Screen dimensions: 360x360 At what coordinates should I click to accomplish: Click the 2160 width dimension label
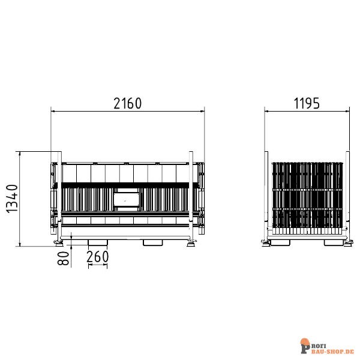coord(127,103)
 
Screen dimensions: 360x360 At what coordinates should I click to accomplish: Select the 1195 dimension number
coord(307,103)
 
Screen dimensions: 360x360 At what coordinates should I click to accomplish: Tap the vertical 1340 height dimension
coord(12,199)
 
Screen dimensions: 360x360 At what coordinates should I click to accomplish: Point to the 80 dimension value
coord(63,259)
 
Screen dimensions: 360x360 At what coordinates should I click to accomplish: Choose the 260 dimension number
coord(98,257)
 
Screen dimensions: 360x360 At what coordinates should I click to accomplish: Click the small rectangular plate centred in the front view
coord(126,199)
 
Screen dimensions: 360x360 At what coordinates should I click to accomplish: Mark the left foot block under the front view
coord(98,242)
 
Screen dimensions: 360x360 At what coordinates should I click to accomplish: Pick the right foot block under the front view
coord(153,242)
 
